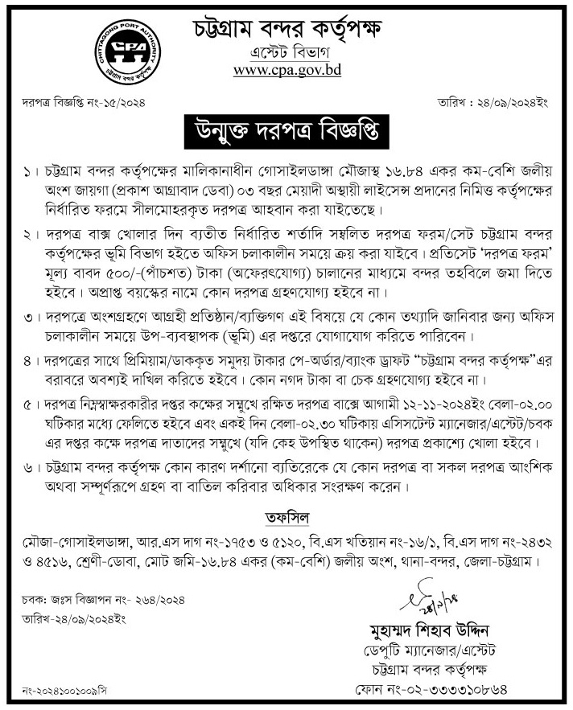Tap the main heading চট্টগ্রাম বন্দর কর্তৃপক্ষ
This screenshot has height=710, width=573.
(x=287, y=30)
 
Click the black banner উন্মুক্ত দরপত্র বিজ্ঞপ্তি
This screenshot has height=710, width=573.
(x=286, y=128)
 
